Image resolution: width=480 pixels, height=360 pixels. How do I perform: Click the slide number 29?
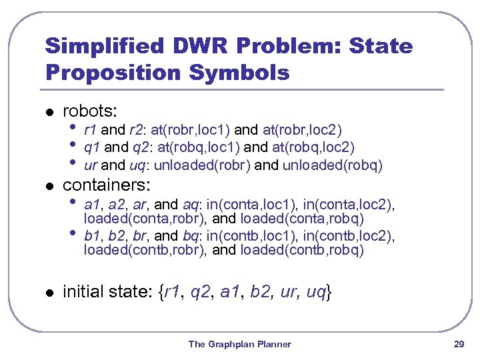point(458,344)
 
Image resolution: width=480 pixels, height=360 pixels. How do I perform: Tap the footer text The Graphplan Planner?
point(240,344)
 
